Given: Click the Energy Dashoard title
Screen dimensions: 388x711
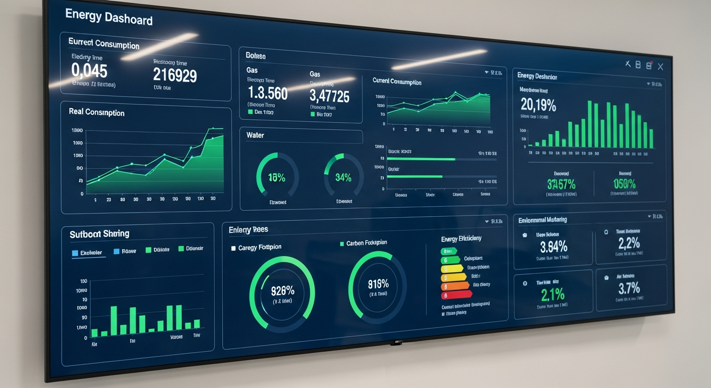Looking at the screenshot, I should point(109,18).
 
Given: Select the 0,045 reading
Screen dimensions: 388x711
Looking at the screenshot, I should point(89,70).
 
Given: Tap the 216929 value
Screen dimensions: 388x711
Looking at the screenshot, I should point(175,75).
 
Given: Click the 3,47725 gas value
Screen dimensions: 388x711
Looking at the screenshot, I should point(329,95).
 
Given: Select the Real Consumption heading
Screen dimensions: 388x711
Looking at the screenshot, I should point(96,112).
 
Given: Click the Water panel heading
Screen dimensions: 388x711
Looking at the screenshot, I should point(255,135).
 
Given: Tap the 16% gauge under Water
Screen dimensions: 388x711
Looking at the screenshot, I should point(277,177).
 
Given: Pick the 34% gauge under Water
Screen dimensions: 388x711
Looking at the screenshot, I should point(343,177).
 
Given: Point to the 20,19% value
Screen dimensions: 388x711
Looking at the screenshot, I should point(538,105).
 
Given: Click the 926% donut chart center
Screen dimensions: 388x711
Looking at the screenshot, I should point(282,291).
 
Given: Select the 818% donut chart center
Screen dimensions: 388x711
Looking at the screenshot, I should point(378,284).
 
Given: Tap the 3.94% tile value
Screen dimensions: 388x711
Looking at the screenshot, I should point(553,247).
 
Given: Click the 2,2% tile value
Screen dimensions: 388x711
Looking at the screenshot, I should point(629,244).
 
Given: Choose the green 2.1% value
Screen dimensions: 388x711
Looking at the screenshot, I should point(552,294).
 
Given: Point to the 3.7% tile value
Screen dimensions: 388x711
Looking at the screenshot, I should point(629,288).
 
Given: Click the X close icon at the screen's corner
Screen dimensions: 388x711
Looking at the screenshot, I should point(660,66).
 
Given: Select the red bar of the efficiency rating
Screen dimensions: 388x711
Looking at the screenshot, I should point(455,295).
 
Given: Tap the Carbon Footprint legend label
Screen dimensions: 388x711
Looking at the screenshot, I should point(366,243).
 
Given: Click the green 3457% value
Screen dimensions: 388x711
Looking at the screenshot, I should point(561,184).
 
